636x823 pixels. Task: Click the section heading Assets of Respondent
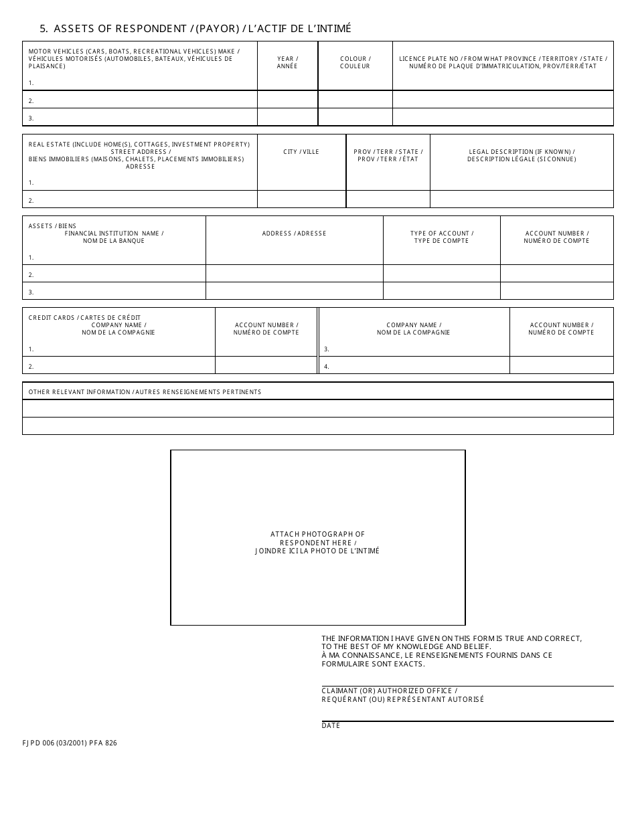click(195, 29)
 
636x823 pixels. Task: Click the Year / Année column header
click(287, 62)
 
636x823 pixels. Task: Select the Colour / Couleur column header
click(355, 62)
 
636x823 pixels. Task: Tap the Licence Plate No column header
click(503, 62)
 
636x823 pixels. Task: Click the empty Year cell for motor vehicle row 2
click(287, 100)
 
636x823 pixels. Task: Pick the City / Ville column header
click(301, 152)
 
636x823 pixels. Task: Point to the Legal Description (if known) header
click(522, 155)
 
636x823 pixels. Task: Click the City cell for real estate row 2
click(301, 199)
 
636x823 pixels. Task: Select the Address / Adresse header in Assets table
click(294, 234)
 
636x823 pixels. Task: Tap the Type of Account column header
click(441, 237)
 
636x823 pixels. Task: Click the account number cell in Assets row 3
click(556, 291)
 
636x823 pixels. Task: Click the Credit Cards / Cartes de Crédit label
click(84, 318)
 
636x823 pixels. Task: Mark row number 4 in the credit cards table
click(327, 367)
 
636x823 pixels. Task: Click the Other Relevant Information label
click(145, 392)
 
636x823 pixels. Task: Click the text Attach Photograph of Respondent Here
click(317, 543)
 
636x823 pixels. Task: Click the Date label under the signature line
click(331, 726)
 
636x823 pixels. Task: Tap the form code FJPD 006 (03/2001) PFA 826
click(70, 743)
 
